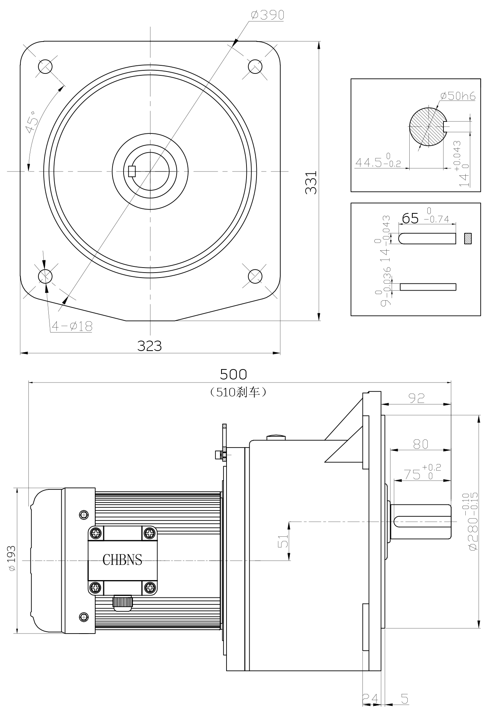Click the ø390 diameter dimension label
click(x=267, y=15)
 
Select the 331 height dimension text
click(x=311, y=182)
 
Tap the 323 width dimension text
click(x=150, y=346)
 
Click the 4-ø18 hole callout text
click(x=72, y=326)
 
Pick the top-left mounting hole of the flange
click(x=45, y=67)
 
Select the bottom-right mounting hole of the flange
click(x=255, y=276)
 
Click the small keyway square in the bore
click(x=132, y=171)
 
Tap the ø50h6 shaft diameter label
click(x=458, y=96)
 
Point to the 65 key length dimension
click(x=410, y=218)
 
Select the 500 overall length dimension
click(x=233, y=374)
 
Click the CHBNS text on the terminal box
click(x=122, y=560)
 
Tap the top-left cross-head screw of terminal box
click(x=95, y=533)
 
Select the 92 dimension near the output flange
click(x=417, y=398)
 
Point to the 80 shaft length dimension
click(x=420, y=444)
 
